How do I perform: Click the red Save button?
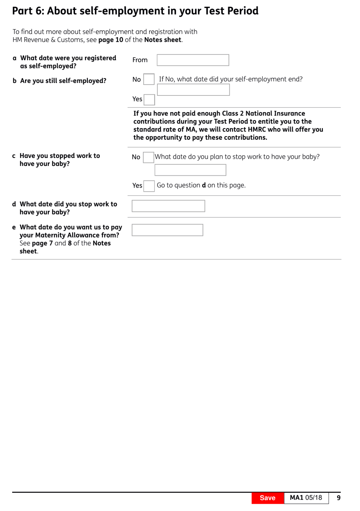coord(268,498)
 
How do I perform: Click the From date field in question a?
coord(193,60)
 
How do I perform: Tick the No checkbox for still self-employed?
coord(149,79)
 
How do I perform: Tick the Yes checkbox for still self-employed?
coord(149,99)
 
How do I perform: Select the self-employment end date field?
coord(193,90)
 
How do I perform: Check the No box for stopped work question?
coord(148,157)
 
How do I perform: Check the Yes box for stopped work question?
coord(149,186)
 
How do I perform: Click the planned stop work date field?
coord(190,170)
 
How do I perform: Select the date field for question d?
coord(168,206)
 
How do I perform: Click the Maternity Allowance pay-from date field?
coord(167,230)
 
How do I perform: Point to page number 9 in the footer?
coord(338,498)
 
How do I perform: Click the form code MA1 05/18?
coord(306,498)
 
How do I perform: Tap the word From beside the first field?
coord(140,60)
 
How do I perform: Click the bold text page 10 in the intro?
coord(111,40)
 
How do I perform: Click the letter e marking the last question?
coord(14,227)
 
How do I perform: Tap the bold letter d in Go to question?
coord(203,185)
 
